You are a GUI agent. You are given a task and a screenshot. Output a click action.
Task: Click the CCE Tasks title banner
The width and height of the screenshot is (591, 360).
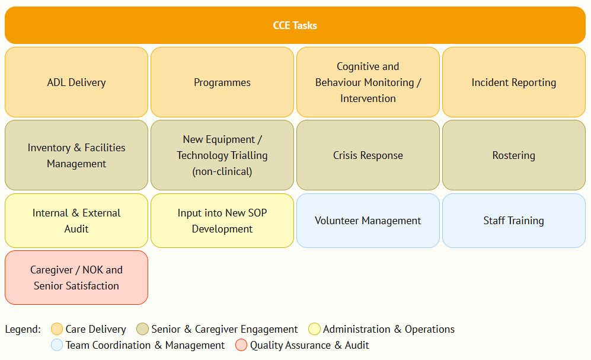tap(295, 26)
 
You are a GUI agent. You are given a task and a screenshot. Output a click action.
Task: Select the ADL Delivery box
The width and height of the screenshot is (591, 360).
tap(76, 82)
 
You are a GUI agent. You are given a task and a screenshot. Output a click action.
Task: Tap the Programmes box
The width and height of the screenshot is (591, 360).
tap(222, 82)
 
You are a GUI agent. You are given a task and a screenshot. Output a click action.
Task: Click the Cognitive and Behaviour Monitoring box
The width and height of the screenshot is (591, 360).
tap(368, 82)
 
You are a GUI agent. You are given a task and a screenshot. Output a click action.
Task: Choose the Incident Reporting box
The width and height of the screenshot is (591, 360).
tap(514, 82)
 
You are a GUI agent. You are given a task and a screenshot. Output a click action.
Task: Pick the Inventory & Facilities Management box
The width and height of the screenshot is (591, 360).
tap(76, 155)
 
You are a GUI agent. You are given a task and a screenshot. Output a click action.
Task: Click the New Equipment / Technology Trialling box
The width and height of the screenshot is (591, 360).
tap(222, 155)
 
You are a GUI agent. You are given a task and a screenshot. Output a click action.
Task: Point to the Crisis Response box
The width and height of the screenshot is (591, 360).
tap(368, 155)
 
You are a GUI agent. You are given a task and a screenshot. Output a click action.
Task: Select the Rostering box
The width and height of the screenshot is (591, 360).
tap(514, 155)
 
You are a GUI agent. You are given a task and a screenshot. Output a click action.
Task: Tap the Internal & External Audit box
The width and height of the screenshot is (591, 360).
tap(76, 221)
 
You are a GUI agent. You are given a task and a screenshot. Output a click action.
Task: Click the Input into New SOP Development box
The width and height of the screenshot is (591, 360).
tap(222, 221)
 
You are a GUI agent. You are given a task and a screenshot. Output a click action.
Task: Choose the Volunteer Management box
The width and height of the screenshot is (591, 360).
tap(368, 221)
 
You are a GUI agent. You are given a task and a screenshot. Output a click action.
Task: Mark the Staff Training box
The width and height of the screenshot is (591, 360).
tap(514, 221)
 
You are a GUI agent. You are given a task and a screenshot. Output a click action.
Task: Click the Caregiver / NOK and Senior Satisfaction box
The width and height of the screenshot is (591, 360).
tap(76, 278)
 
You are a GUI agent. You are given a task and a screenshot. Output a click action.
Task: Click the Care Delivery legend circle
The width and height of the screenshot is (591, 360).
tap(57, 329)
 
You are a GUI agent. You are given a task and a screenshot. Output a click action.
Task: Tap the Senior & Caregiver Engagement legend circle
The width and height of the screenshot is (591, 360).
tap(142, 329)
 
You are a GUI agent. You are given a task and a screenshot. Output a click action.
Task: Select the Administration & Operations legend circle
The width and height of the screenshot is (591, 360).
tap(314, 329)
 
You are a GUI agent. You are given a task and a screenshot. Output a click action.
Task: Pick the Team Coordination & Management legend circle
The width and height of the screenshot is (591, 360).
tap(57, 345)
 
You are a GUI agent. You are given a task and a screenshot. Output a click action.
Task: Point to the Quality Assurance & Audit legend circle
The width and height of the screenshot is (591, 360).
tap(241, 345)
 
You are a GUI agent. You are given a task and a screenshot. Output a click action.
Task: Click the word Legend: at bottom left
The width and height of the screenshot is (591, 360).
tap(23, 329)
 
